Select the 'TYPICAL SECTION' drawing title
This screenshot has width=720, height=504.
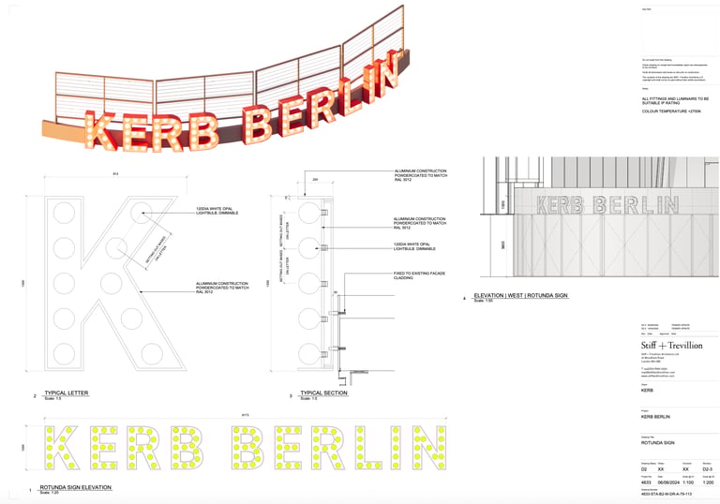[323, 393]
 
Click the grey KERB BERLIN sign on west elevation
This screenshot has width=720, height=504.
[608, 203]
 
